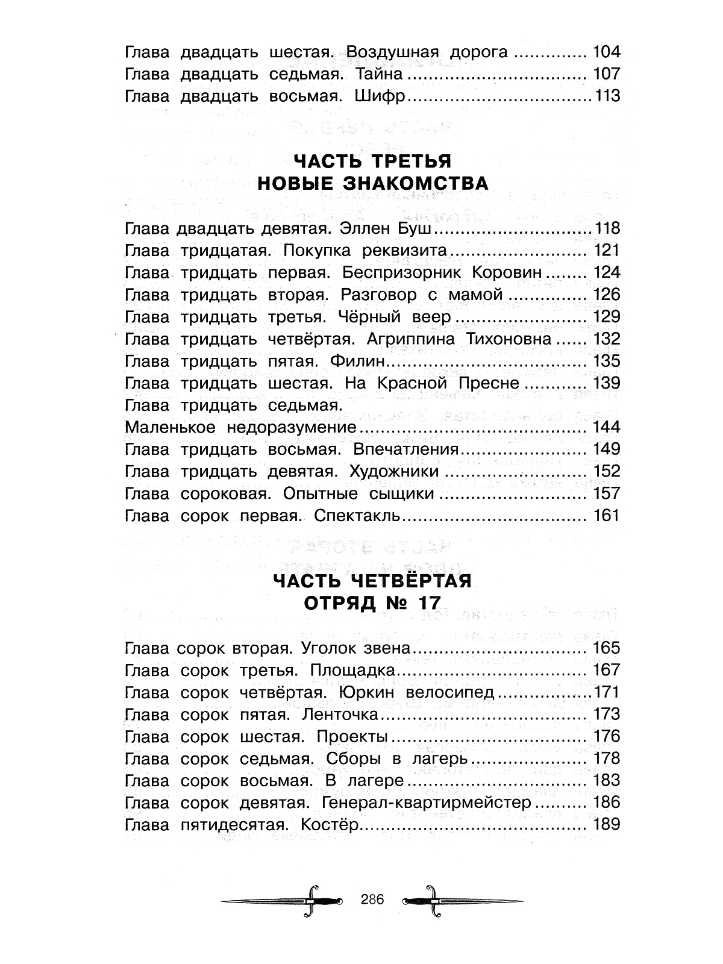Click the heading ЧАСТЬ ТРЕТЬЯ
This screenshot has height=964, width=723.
point(372,161)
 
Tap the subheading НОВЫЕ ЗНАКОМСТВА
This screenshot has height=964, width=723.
point(372,183)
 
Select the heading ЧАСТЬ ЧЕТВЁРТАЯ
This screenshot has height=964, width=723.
point(372,580)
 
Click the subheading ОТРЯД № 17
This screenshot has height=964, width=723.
point(372,602)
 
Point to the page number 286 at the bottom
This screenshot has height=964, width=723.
point(372,900)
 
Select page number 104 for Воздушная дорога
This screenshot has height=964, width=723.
point(606,52)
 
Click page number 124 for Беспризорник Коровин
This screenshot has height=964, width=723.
point(606,272)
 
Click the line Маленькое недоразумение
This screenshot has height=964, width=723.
point(240,428)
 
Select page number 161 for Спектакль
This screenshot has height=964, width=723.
point(606,516)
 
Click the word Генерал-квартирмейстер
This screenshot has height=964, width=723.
point(427,803)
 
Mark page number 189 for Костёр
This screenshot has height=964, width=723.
point(606,825)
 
